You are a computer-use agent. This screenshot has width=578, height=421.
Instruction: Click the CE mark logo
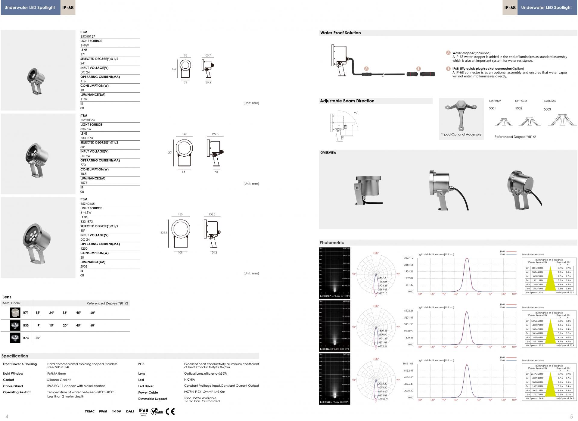170,412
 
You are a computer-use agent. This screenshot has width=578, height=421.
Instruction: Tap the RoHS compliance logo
157,411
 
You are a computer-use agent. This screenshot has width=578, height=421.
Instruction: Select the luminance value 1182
84,99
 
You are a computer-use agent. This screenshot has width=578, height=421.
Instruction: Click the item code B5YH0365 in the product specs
88,120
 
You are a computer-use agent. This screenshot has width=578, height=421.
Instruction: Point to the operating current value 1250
84,248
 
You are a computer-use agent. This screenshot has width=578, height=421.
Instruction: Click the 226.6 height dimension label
164,232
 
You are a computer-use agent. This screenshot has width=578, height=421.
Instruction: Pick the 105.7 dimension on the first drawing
207,56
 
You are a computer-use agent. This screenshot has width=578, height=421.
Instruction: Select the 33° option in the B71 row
65,313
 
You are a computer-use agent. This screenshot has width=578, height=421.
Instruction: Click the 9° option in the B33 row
39,325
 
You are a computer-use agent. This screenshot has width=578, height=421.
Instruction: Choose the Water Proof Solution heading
340,33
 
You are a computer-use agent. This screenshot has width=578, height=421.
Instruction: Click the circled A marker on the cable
366,69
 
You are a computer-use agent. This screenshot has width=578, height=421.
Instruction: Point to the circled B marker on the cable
418,69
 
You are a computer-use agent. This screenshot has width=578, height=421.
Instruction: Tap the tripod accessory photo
461,115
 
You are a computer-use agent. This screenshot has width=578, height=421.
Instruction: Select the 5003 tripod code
547,109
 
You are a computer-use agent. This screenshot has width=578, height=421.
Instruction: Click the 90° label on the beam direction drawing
356,113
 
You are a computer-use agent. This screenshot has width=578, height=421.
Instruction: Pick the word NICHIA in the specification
189,379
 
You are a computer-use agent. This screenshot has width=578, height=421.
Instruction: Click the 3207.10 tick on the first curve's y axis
409,258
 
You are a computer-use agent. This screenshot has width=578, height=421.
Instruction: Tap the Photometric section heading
332,243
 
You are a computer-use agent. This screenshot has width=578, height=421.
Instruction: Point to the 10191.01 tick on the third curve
408,364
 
